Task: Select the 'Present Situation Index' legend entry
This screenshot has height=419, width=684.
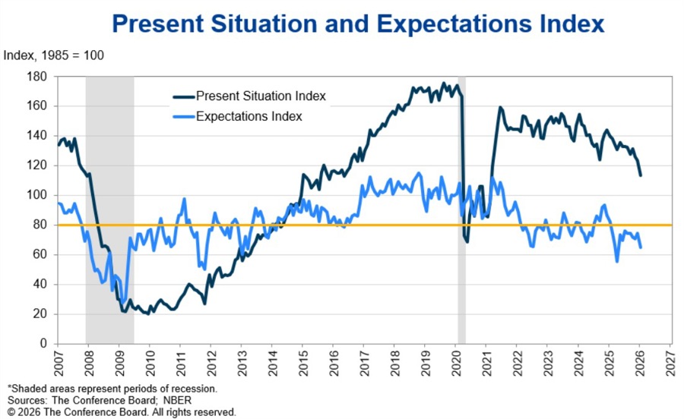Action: point(261,96)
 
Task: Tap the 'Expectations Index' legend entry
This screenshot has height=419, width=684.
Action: point(249,116)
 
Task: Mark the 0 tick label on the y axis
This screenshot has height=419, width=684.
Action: point(44,343)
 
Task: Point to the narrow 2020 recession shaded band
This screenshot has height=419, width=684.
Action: point(461,228)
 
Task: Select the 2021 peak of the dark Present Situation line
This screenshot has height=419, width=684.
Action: point(500,108)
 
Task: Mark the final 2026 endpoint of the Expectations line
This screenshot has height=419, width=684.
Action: point(641,247)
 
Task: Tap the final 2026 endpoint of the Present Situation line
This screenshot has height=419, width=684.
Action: point(641,175)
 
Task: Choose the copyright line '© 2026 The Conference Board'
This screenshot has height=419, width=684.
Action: point(122,411)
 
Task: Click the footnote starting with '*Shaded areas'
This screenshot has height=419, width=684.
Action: point(112,388)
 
